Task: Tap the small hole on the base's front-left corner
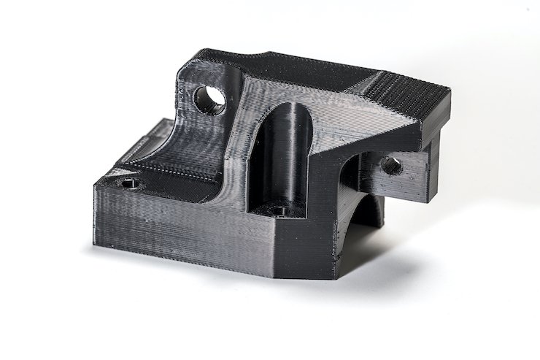(130, 185)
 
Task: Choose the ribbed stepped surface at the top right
(409, 99)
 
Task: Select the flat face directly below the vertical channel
(299, 245)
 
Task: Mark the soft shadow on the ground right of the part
(409, 263)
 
